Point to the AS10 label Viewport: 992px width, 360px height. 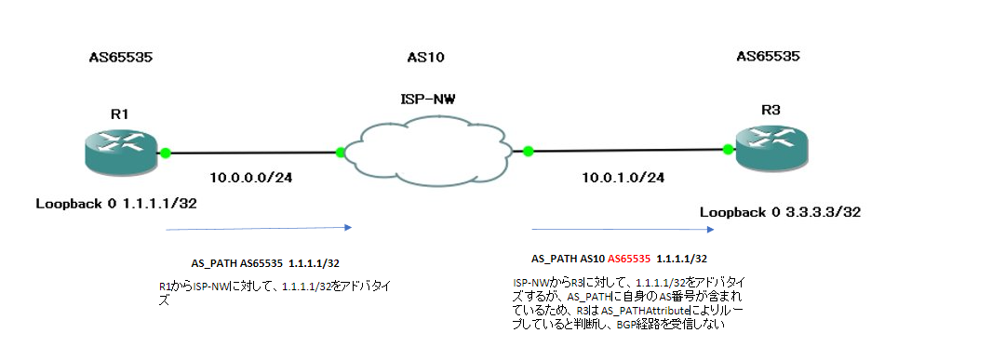(x=426, y=58)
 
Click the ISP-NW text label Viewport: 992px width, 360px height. (x=426, y=96)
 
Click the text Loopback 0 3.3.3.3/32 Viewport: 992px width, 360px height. (x=781, y=213)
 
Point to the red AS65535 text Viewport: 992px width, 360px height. (x=629, y=258)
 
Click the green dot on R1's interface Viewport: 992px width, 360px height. (x=166, y=153)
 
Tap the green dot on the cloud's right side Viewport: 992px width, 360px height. (x=527, y=150)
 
